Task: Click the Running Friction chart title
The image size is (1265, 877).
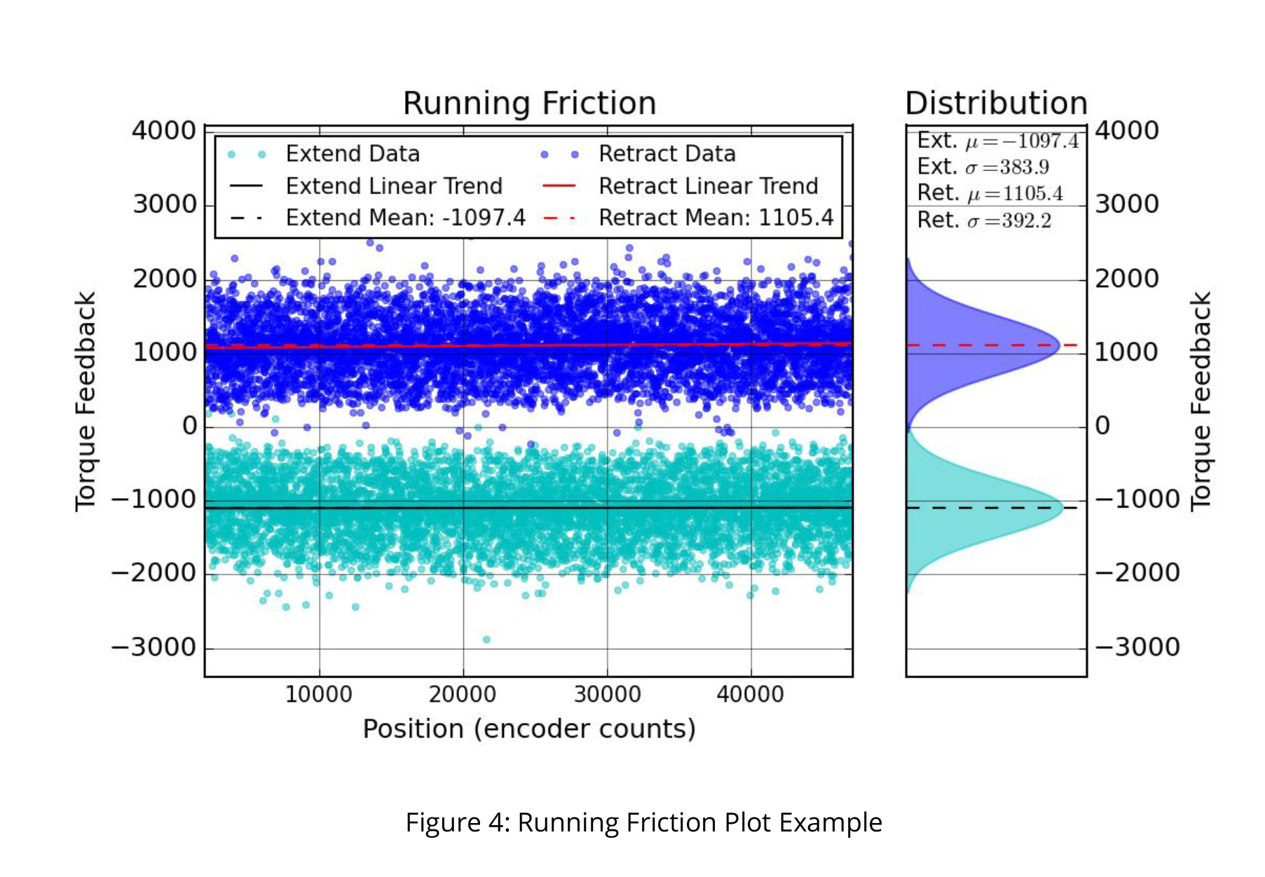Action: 529,104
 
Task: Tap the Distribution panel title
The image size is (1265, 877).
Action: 996,104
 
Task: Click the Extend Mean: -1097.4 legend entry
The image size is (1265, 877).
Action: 378,218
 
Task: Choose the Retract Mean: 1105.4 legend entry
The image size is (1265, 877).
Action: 688,218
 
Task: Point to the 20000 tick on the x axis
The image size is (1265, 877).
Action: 463,695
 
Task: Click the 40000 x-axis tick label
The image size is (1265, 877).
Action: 751,695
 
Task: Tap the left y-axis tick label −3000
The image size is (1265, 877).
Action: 154,647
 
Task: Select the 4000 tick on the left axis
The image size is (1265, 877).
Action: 164,131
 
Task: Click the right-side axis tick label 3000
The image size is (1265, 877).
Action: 1127,205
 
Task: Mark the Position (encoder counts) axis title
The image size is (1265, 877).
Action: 529,729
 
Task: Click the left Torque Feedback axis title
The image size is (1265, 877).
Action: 86,401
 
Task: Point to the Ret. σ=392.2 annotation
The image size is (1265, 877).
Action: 985,221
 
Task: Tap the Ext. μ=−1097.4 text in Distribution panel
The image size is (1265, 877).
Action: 998,141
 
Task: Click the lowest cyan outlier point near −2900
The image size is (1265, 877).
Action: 486,640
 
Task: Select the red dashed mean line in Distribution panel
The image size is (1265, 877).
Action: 992,345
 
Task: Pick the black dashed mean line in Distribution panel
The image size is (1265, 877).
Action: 992,508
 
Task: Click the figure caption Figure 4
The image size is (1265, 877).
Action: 643,822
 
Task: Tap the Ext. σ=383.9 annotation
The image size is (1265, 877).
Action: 983,167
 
